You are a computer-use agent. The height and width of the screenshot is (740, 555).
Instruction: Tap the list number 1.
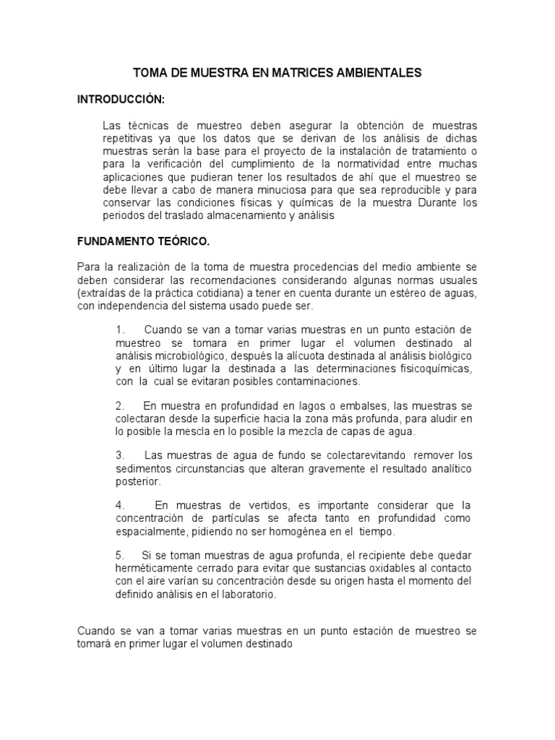119,330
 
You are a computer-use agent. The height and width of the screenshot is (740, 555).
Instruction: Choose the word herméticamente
157,568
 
